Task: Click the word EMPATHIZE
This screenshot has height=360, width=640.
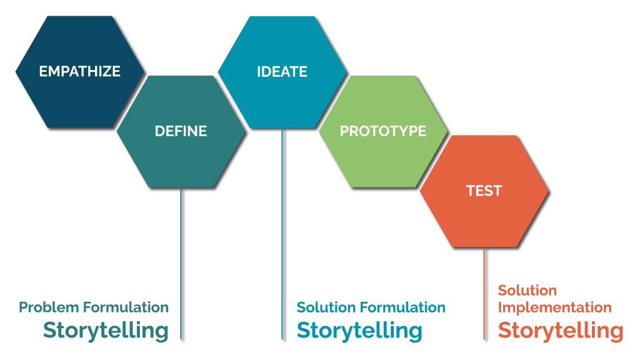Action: click(x=79, y=71)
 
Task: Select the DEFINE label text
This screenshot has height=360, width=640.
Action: click(x=181, y=131)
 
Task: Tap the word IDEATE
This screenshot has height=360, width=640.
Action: click(x=282, y=71)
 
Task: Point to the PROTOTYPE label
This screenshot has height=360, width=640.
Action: click(x=383, y=131)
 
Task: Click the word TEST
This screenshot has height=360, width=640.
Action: click(x=484, y=191)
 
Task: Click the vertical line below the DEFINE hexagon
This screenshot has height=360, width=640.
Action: click(x=181, y=262)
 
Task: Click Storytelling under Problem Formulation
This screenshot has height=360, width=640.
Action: click(x=106, y=330)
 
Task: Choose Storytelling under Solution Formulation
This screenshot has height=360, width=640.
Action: click(x=359, y=330)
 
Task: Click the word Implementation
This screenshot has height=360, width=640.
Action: click(x=554, y=307)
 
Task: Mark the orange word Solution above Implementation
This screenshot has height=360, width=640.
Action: click(x=527, y=291)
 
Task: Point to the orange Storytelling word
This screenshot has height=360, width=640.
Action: click(x=561, y=330)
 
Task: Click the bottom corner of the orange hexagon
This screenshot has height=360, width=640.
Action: click(x=484, y=247)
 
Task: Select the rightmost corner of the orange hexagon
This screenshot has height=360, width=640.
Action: click(x=549, y=191)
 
